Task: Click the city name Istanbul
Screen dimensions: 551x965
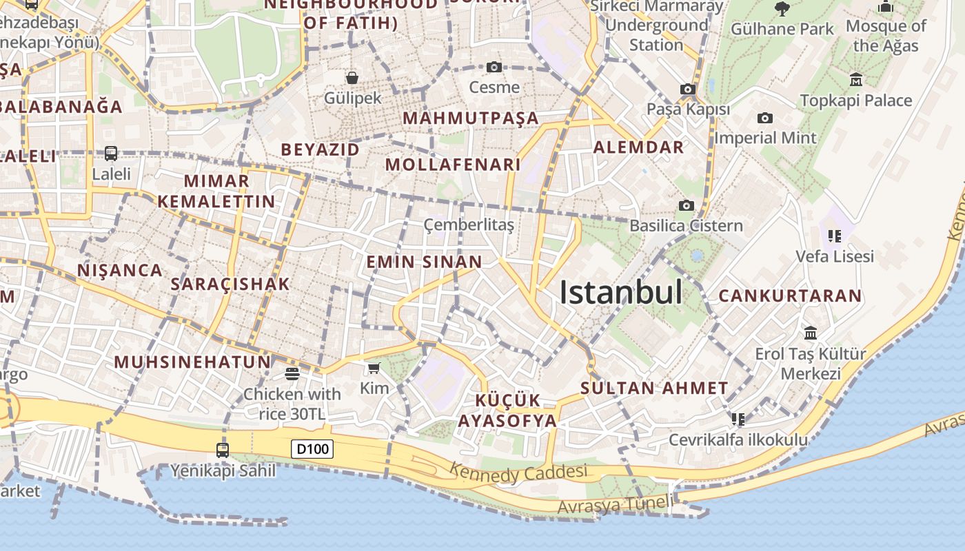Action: click(620, 292)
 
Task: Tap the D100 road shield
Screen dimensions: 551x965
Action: click(312, 449)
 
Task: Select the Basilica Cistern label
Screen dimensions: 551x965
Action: click(686, 225)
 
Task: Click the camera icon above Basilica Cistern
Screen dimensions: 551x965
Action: click(686, 205)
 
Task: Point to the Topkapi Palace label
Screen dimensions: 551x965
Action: click(856, 101)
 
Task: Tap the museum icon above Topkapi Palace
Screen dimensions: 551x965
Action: click(856, 79)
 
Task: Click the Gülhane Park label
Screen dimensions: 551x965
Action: click(782, 29)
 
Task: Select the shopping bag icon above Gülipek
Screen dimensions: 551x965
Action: click(352, 77)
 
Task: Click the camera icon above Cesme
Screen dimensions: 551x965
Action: click(494, 67)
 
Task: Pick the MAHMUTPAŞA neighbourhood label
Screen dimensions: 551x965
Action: click(471, 118)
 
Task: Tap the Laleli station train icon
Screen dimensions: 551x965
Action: click(111, 153)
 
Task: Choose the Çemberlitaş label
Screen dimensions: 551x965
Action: click(469, 225)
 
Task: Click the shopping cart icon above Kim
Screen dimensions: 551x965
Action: click(374, 368)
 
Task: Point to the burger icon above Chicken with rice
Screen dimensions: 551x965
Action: click(292, 374)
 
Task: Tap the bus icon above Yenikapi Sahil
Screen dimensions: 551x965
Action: click(223, 450)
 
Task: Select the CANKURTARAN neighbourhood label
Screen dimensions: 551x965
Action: click(790, 295)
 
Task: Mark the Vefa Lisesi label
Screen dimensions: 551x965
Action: click(835, 256)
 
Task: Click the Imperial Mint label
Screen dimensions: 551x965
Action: click(765, 138)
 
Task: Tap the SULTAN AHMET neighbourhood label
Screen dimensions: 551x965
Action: click(654, 388)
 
